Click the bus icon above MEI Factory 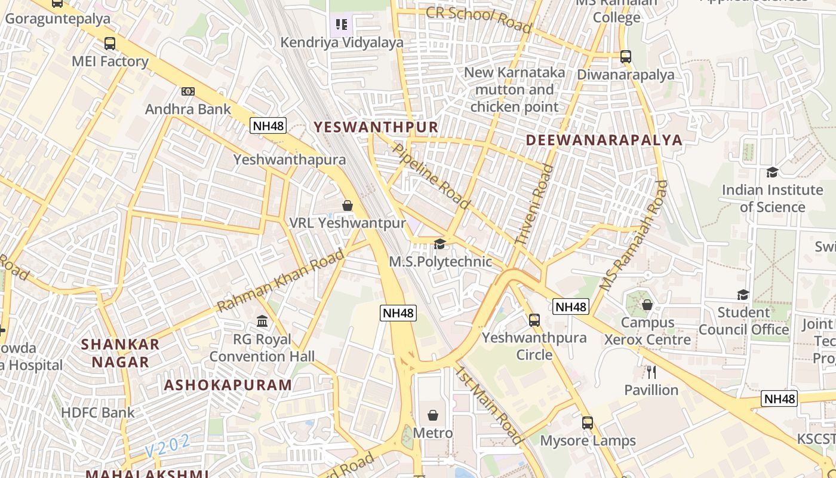tap(110, 43)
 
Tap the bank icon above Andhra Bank tap(188, 91)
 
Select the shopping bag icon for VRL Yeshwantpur tap(348, 206)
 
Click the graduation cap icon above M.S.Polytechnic tap(440, 244)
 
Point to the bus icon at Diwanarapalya tap(625, 57)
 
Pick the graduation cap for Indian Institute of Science tap(772, 172)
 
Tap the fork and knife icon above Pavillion tap(651, 372)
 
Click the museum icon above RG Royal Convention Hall tap(262, 321)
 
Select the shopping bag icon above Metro tap(433, 415)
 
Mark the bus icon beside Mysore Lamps tap(588, 423)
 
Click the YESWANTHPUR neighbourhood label tap(376, 127)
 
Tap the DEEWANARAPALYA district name tap(604, 140)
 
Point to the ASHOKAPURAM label tap(228, 385)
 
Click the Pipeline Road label tap(431, 175)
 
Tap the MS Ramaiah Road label tap(634, 235)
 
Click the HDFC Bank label tap(98, 412)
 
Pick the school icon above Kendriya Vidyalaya tap(342, 24)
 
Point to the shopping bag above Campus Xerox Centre tap(647, 305)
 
